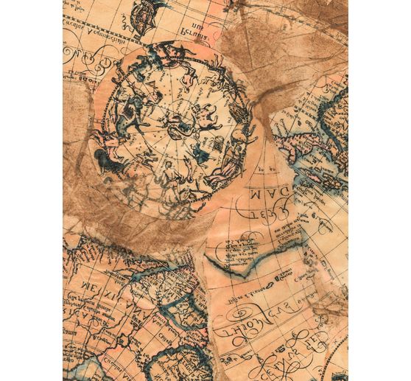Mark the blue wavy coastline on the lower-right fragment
pyautogui.click(x=243, y=262)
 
